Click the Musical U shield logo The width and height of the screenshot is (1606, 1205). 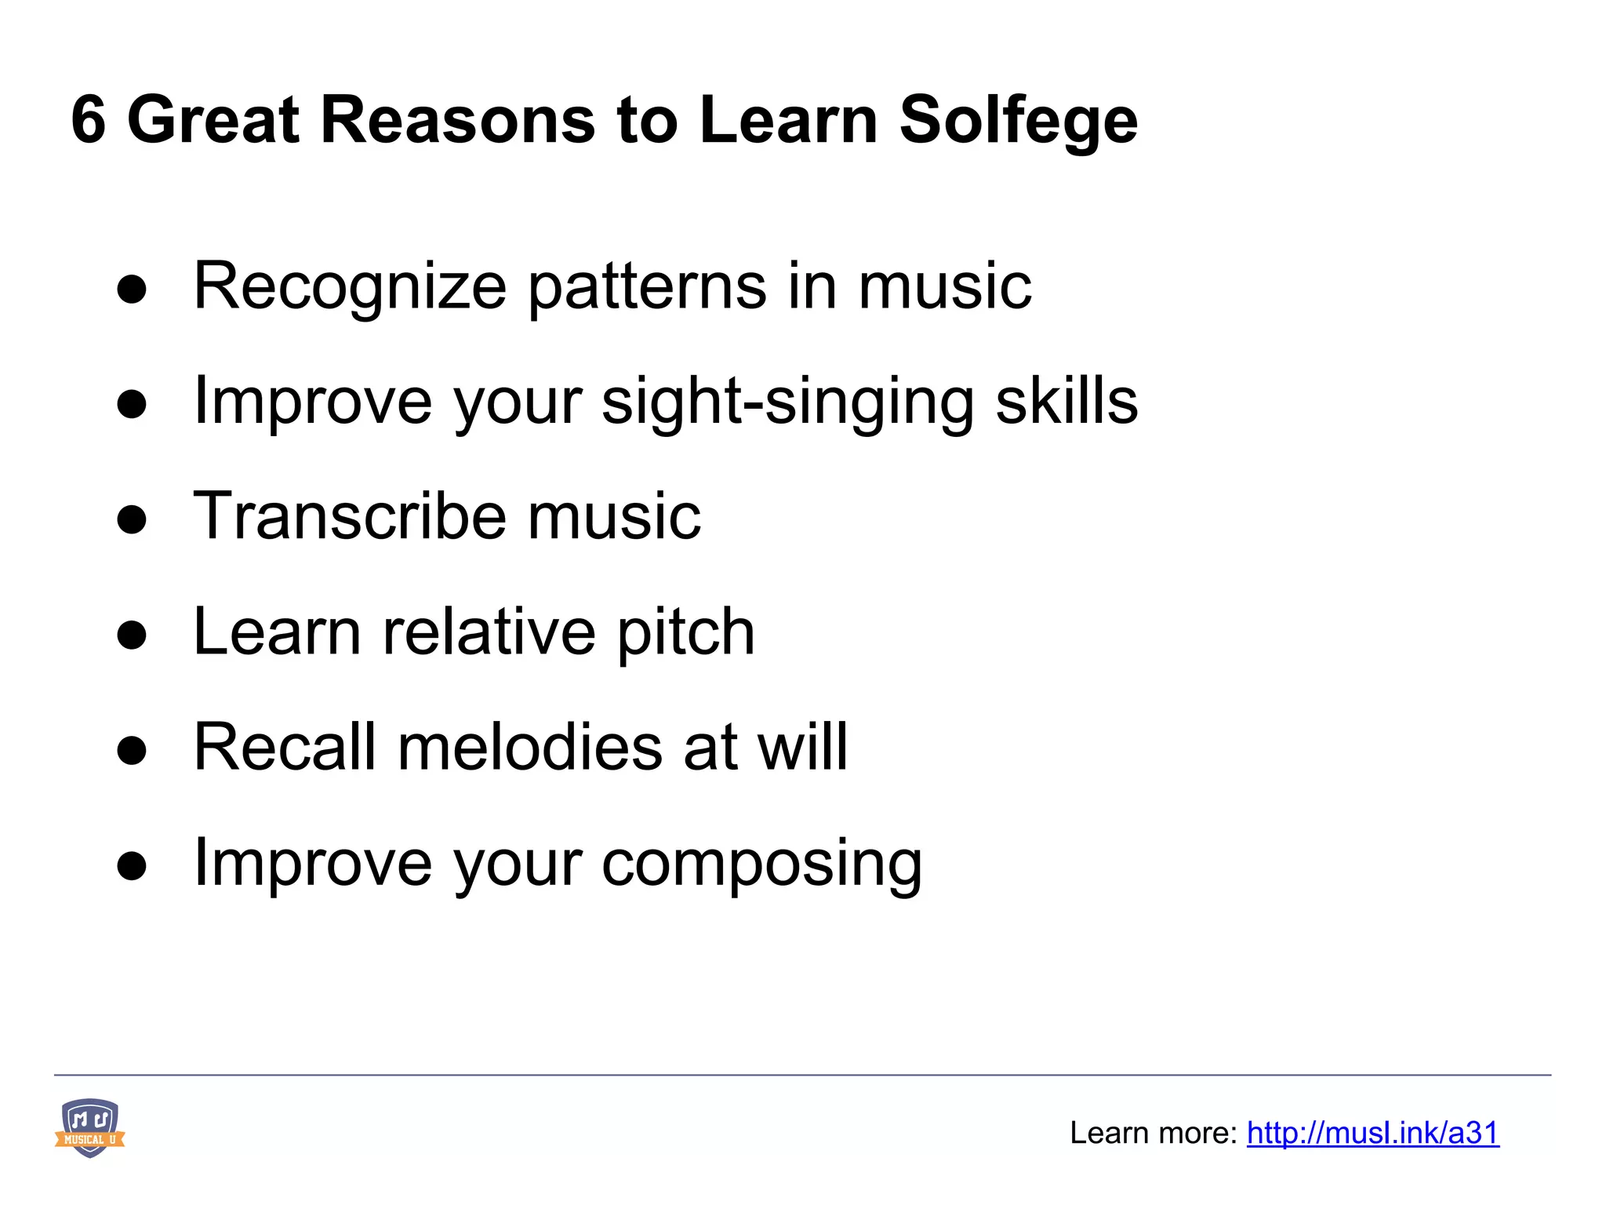coord(89,1127)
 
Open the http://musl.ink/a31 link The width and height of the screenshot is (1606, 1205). coord(1372,1133)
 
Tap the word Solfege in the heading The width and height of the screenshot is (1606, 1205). coord(1018,122)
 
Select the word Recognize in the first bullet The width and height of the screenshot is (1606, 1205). coord(350,287)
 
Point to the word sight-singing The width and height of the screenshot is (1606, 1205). coord(787,402)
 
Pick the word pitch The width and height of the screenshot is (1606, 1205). coord(685,632)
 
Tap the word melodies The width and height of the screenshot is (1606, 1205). coord(530,747)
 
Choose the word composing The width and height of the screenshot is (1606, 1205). coord(761,863)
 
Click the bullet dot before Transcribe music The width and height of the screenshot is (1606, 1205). coord(132,519)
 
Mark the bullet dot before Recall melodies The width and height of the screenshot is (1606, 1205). coord(132,750)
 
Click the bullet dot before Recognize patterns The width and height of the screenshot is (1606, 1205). coord(132,289)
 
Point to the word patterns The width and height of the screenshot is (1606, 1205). coord(648,287)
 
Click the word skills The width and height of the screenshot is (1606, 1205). coord(1066,400)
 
